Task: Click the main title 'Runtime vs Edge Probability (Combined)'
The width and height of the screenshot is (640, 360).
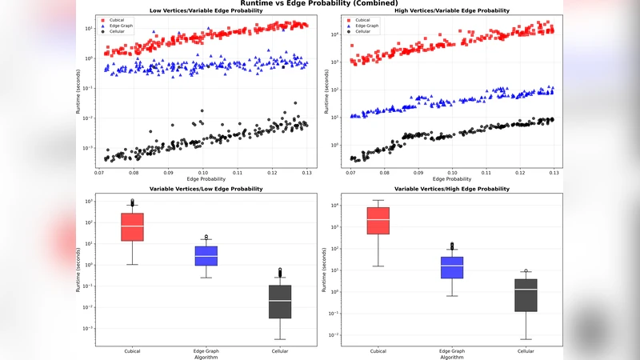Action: point(318,4)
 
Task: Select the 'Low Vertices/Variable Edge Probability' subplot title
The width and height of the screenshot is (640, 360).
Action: point(204,11)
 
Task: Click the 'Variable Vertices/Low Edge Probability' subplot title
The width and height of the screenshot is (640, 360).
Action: point(204,189)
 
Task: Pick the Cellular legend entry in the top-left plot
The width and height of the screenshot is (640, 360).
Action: point(115,31)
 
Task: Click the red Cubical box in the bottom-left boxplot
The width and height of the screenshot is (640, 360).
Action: point(133,227)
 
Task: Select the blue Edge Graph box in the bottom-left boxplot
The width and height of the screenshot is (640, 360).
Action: point(206,256)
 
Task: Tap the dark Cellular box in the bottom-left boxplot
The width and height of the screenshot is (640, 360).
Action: point(280,302)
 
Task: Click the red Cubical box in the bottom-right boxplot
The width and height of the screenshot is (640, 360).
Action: point(378,221)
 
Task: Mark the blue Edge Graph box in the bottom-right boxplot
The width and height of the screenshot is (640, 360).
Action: point(451,267)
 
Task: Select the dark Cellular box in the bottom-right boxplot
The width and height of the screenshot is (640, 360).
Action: point(525,294)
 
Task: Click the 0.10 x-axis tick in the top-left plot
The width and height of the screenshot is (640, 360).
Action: point(204,172)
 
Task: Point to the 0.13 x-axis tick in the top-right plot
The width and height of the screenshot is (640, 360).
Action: point(554,172)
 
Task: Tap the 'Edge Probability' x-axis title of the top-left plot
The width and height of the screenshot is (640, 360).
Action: point(204,178)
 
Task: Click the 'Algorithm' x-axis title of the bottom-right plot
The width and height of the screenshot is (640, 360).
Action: point(452,357)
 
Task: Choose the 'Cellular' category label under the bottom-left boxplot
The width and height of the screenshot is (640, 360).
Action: point(280,351)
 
